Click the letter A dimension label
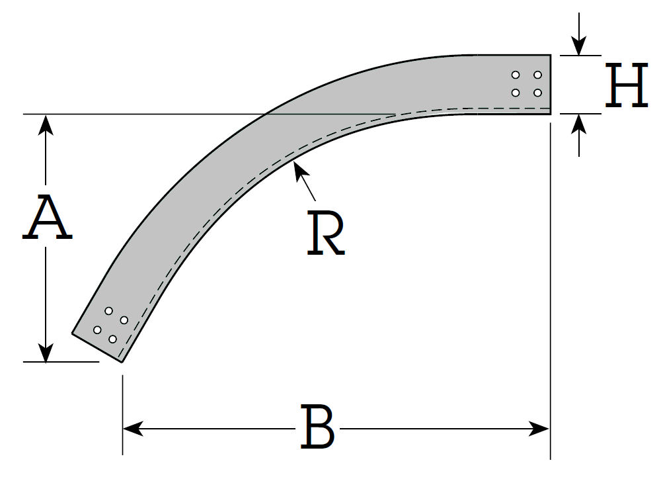pyautogui.click(x=47, y=218)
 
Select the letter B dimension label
pyautogui.click(x=318, y=427)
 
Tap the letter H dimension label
pyautogui.click(x=627, y=85)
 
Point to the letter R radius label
pyautogui.click(x=326, y=233)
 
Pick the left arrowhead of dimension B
pyautogui.click(x=133, y=429)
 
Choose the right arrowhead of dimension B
pyautogui.click(x=539, y=429)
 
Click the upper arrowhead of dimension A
pyautogui.click(x=46, y=125)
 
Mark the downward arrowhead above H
pyautogui.click(x=579, y=46)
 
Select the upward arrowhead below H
pyautogui.click(x=579, y=124)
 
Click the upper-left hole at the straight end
pyautogui.click(x=516, y=75)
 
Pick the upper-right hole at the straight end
pyautogui.click(x=537, y=75)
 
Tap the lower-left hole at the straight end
pyautogui.click(x=516, y=93)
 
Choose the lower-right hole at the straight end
pyautogui.click(x=537, y=93)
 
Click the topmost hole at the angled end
pyautogui.click(x=109, y=311)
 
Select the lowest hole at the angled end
pyautogui.click(x=112, y=339)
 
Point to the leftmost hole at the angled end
pyautogui.click(x=97, y=330)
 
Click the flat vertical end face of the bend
pyautogui.click(x=551, y=85)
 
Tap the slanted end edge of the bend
pyautogui.click(x=97, y=348)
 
